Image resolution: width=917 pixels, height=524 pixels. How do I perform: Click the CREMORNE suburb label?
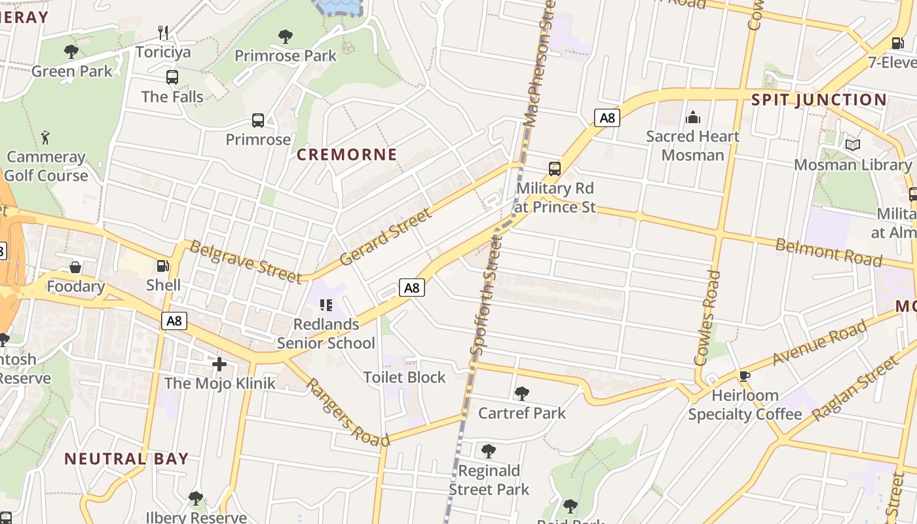pos(346,155)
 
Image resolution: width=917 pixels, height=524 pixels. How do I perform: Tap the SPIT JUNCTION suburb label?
pos(819,100)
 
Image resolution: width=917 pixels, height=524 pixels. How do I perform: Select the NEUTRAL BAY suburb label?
pos(126,458)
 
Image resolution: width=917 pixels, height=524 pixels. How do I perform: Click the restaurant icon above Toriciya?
pos(164,32)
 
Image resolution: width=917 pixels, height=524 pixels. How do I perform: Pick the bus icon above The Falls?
pos(172,77)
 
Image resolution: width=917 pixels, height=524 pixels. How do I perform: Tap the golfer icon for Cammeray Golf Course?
pos(45,138)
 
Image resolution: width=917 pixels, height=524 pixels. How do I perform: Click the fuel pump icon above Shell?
pos(162,266)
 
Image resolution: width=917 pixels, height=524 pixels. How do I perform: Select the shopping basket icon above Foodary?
pos(75,267)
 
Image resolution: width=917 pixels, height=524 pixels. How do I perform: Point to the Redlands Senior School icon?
pos(326,305)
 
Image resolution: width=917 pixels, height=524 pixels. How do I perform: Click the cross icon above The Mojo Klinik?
pos(219,364)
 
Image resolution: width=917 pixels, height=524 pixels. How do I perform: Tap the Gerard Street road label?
pos(386,236)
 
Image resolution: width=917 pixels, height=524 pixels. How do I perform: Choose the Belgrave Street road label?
pos(246,261)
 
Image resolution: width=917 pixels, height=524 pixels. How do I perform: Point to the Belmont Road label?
pos(829,252)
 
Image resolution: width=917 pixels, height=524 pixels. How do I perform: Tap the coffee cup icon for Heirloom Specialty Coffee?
pos(744,376)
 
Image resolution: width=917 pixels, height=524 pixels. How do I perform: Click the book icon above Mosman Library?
pos(852,145)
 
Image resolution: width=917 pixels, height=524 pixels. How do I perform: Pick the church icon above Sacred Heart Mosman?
pos(692,117)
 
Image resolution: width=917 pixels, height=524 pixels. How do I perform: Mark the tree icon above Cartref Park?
pos(521,393)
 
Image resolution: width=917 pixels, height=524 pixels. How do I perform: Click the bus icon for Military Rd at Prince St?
pos(555,168)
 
